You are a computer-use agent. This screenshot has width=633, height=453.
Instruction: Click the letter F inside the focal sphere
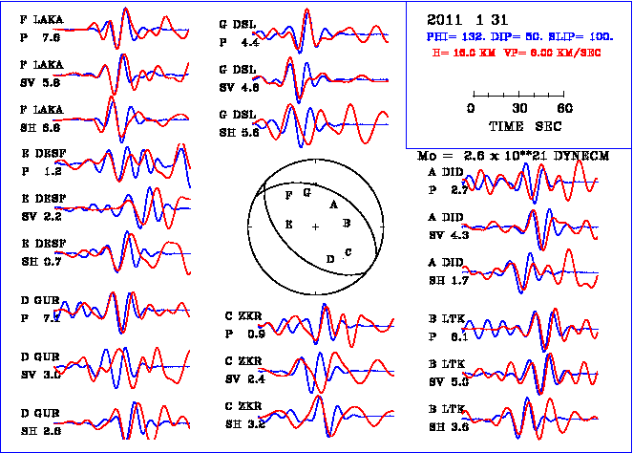pos(289,195)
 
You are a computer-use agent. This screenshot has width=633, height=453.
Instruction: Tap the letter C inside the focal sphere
pos(348,251)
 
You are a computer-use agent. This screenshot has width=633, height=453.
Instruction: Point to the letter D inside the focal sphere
pos(330,259)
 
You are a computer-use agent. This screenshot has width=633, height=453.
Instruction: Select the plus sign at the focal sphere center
pos(315,226)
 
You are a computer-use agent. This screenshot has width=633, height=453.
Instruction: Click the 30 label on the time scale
pos(520,108)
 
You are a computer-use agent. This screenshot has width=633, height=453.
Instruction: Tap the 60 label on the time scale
pos(564,108)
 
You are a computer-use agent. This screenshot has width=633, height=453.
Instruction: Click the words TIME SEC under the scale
pos(519,125)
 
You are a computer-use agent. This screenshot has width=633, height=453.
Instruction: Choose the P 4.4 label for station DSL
pos(239,43)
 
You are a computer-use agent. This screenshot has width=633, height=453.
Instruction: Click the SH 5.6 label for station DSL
pos(239,134)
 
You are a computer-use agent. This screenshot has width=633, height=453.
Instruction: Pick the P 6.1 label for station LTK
pos(448,336)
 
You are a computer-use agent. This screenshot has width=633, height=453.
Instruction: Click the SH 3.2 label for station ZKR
pos(244,421)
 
